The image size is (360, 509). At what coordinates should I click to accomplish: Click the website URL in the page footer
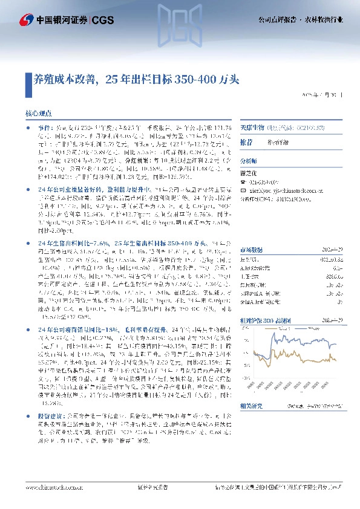pyautogui.click(x=51, y=487)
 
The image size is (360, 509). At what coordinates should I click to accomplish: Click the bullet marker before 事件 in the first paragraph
pyautogui.click(x=30, y=129)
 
